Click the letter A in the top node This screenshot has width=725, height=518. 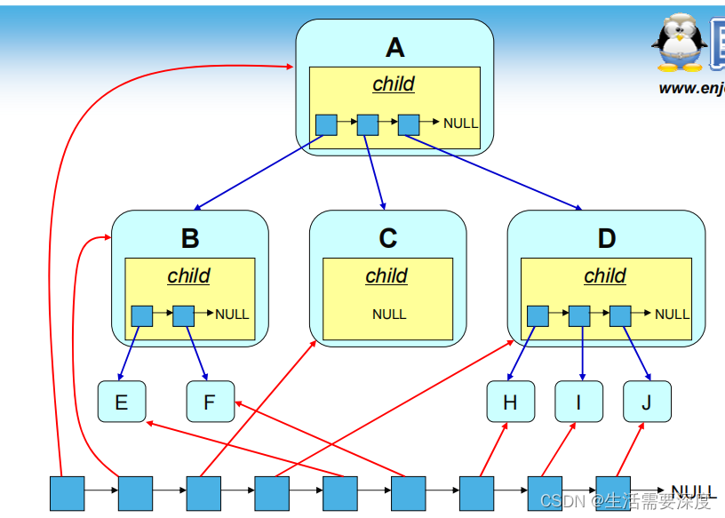pos(394,46)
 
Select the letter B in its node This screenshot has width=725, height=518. pos(190,238)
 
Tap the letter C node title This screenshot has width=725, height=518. pos(387,238)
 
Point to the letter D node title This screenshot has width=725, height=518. pos(606,238)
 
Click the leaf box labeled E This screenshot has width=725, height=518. pos(122,402)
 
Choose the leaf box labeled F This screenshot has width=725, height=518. pos(210,402)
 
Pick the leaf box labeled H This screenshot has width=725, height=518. pos(510,402)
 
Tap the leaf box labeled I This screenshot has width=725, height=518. pos(578,402)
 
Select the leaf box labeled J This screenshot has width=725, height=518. pos(647,402)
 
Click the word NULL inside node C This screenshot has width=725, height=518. pos(389,314)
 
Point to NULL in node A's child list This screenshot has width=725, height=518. pos(460,124)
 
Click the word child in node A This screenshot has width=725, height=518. pos(394,84)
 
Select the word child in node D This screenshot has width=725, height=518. pos(605,275)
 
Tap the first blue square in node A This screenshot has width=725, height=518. pos(326,124)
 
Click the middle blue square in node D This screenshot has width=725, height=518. pos(579,315)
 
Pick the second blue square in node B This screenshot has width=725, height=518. pos(183,315)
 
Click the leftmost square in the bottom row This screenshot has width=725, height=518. pos(67,493)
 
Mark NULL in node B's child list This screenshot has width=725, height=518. pos(232,314)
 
